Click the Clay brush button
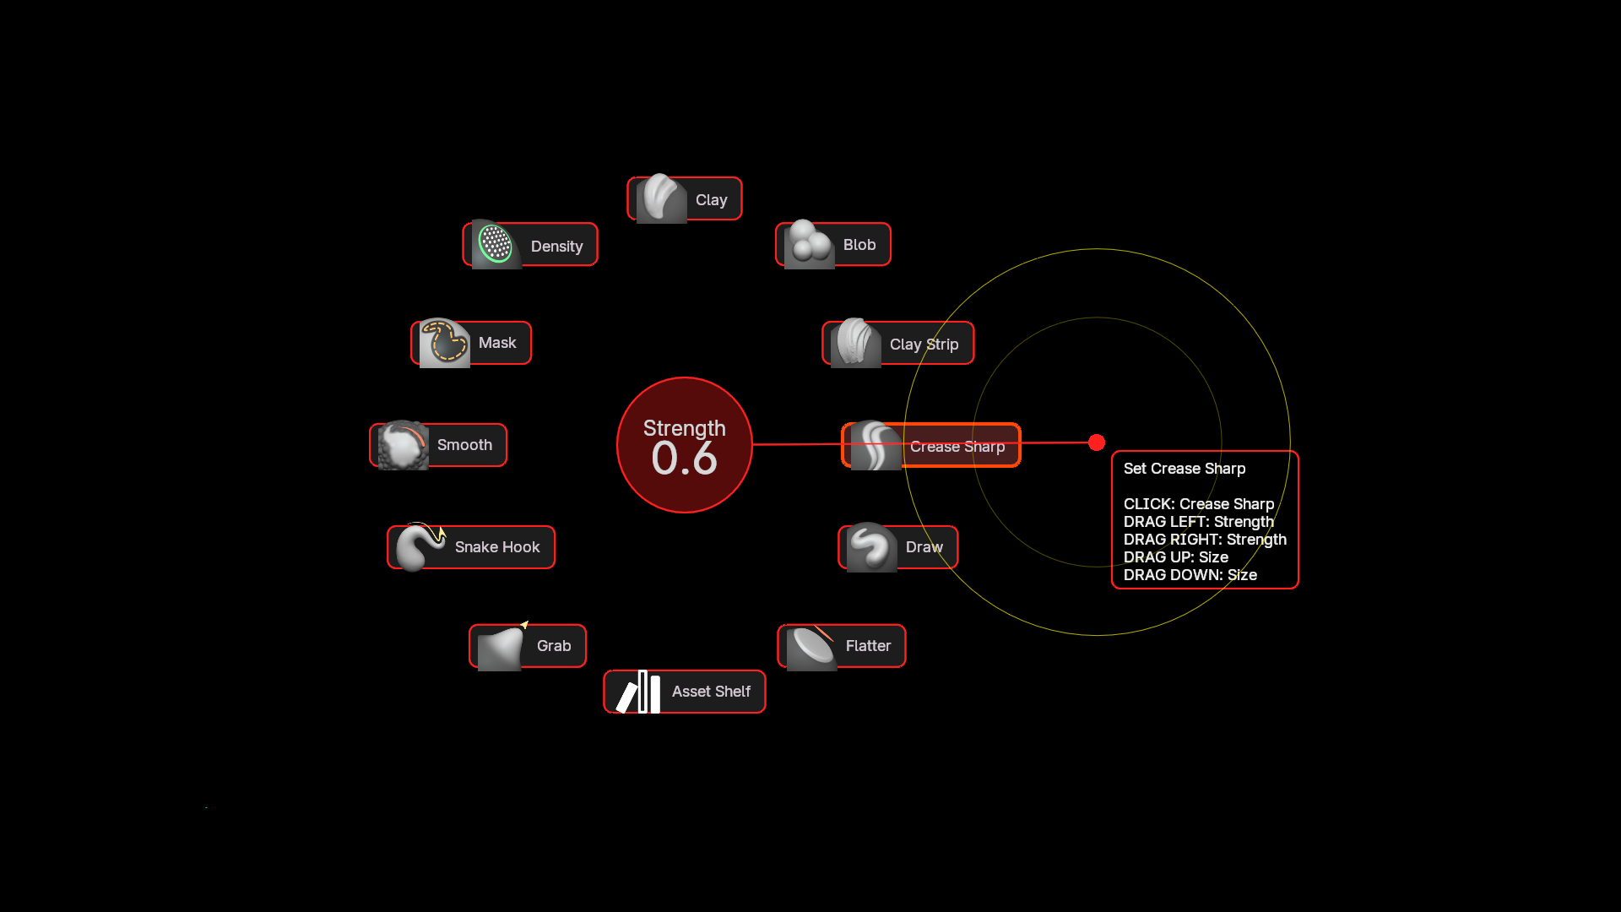(x=685, y=199)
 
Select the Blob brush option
(x=833, y=245)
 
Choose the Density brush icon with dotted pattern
(x=496, y=244)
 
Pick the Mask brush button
(x=471, y=343)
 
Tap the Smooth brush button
(x=438, y=445)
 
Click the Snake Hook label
(x=497, y=547)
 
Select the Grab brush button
(x=528, y=646)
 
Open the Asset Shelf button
(x=685, y=692)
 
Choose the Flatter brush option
(x=842, y=646)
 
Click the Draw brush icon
(x=871, y=547)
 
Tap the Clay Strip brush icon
(x=855, y=343)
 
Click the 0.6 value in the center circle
(x=685, y=459)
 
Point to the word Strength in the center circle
(x=685, y=428)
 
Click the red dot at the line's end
(x=1097, y=442)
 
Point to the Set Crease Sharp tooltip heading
(x=1185, y=469)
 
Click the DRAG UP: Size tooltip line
(x=1176, y=557)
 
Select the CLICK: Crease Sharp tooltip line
(x=1199, y=504)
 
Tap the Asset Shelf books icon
(x=638, y=692)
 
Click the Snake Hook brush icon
(x=420, y=547)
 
